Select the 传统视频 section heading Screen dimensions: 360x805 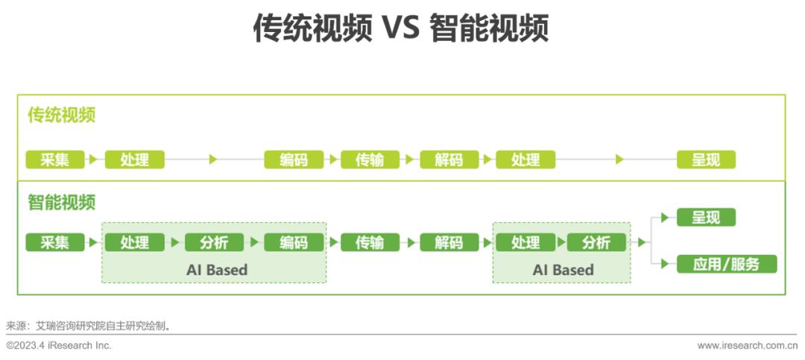[62, 116]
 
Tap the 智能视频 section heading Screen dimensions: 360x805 [62, 202]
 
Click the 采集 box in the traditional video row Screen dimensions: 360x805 [55, 160]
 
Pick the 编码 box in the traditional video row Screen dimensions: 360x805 [294, 160]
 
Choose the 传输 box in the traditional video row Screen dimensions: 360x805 [370, 160]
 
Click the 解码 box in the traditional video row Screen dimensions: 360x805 [449, 160]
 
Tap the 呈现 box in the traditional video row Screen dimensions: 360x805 [705, 160]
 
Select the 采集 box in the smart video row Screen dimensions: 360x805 [55, 242]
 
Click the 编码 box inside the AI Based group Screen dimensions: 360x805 [294, 242]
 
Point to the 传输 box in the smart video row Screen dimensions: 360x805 [370, 242]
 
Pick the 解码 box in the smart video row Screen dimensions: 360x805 [449, 242]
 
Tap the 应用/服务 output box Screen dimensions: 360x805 [726, 264]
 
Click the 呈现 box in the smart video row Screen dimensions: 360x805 [705, 218]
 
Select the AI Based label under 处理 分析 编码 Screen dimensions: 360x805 [216, 270]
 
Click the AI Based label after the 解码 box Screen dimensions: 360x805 [563, 270]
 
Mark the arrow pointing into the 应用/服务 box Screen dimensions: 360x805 [665, 264]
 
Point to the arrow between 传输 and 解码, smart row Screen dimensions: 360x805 [410, 242]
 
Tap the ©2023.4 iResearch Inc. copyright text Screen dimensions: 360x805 [59, 346]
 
